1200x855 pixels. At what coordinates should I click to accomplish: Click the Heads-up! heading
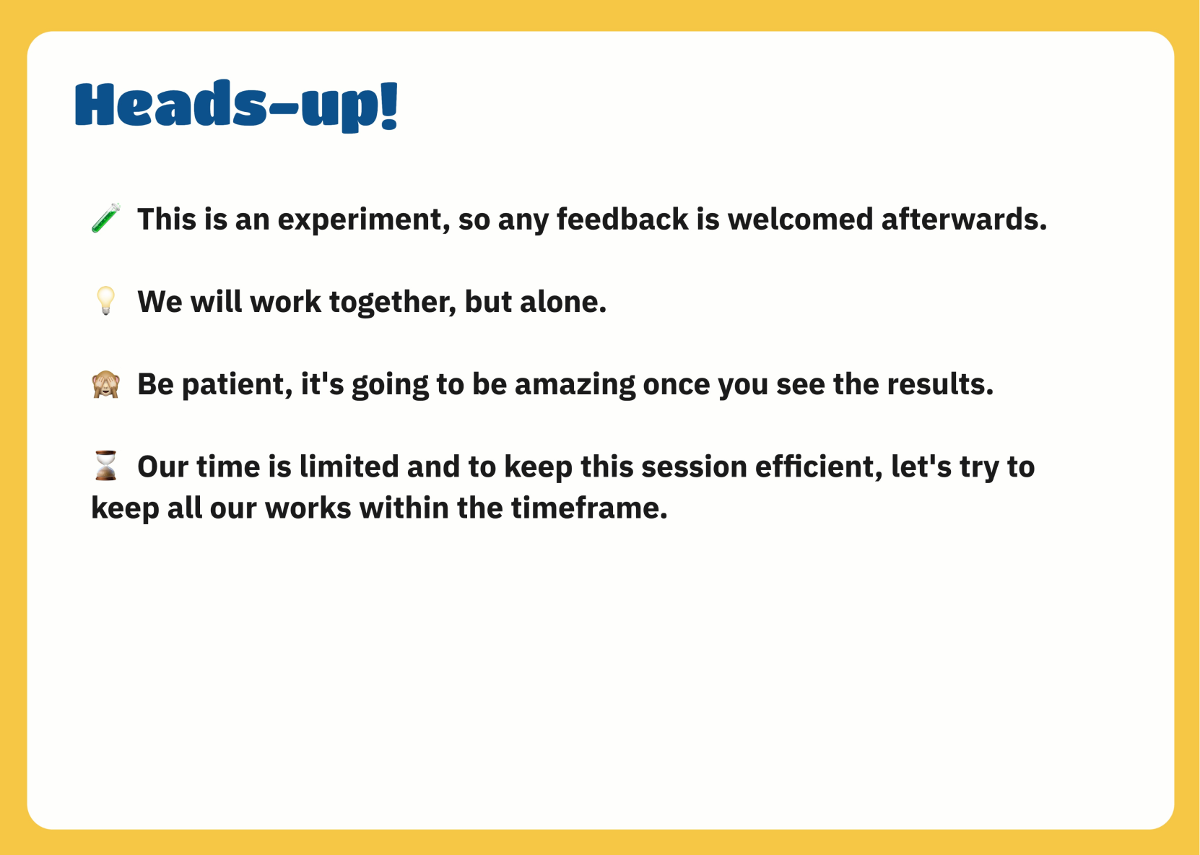(x=236, y=105)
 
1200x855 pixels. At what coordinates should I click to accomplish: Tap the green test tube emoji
(x=105, y=218)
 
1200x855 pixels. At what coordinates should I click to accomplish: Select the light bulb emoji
(x=105, y=300)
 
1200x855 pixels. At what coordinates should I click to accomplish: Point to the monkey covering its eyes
(x=105, y=384)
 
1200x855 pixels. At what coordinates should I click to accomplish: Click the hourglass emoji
(x=105, y=466)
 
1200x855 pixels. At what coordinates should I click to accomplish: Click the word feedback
(x=622, y=220)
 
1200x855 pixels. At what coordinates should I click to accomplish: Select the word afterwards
(x=963, y=220)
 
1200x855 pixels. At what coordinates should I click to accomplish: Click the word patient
(x=237, y=385)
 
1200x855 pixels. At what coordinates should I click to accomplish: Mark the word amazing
(x=575, y=385)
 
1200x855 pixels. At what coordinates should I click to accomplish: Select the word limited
(x=349, y=467)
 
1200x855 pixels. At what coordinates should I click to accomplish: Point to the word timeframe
(x=589, y=508)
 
